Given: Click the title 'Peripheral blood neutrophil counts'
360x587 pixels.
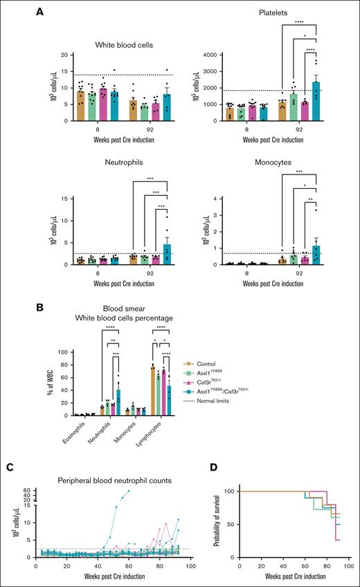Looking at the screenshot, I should pos(108,479).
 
